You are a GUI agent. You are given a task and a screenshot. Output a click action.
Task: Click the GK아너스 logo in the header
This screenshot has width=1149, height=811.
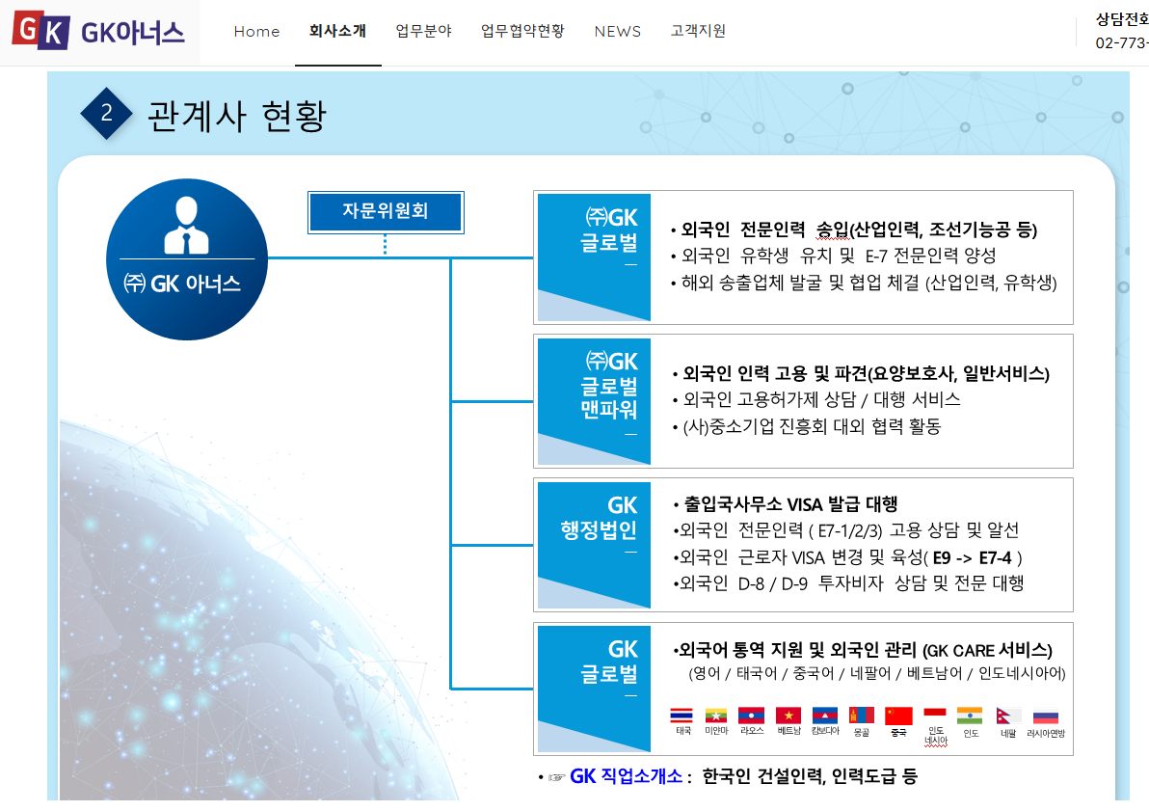pyautogui.click(x=99, y=33)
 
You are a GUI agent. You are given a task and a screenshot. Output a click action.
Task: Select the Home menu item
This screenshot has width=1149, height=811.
pyautogui.click(x=256, y=31)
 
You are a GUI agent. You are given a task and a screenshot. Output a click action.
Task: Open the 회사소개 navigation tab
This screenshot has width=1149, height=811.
pyautogui.click(x=337, y=31)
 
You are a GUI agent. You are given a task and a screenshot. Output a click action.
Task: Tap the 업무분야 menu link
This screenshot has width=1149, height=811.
pyautogui.click(x=423, y=31)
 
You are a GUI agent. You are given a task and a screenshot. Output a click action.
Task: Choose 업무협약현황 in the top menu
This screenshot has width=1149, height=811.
pyautogui.click(x=522, y=31)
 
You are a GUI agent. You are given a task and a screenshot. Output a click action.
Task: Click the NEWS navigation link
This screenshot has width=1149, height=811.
pyautogui.click(x=617, y=31)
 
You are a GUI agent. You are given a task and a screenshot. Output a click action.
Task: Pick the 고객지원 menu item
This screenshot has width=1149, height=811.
pyautogui.click(x=698, y=31)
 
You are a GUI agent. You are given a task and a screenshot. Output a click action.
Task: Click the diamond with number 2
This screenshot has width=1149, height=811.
pyautogui.click(x=106, y=113)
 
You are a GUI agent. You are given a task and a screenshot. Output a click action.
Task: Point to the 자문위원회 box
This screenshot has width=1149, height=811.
pyautogui.click(x=386, y=211)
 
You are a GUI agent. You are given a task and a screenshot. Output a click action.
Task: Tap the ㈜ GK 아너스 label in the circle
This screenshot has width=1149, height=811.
pyautogui.click(x=182, y=284)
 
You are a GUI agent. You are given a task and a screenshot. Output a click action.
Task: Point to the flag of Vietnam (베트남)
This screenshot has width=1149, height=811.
pyautogui.click(x=788, y=716)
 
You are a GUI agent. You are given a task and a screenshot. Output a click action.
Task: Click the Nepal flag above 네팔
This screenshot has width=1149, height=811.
pyautogui.click(x=1009, y=716)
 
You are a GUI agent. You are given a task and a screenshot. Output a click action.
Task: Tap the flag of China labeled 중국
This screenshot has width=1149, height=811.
pyautogui.click(x=898, y=716)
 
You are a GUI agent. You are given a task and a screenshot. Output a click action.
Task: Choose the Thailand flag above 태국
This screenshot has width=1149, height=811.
pyautogui.click(x=681, y=716)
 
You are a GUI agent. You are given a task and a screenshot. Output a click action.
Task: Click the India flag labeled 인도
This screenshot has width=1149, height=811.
pyautogui.click(x=970, y=716)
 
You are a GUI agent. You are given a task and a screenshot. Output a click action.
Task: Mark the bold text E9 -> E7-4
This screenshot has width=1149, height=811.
pyautogui.click(x=975, y=556)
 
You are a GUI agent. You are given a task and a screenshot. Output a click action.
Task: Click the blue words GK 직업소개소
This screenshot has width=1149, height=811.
pyautogui.click(x=627, y=776)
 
